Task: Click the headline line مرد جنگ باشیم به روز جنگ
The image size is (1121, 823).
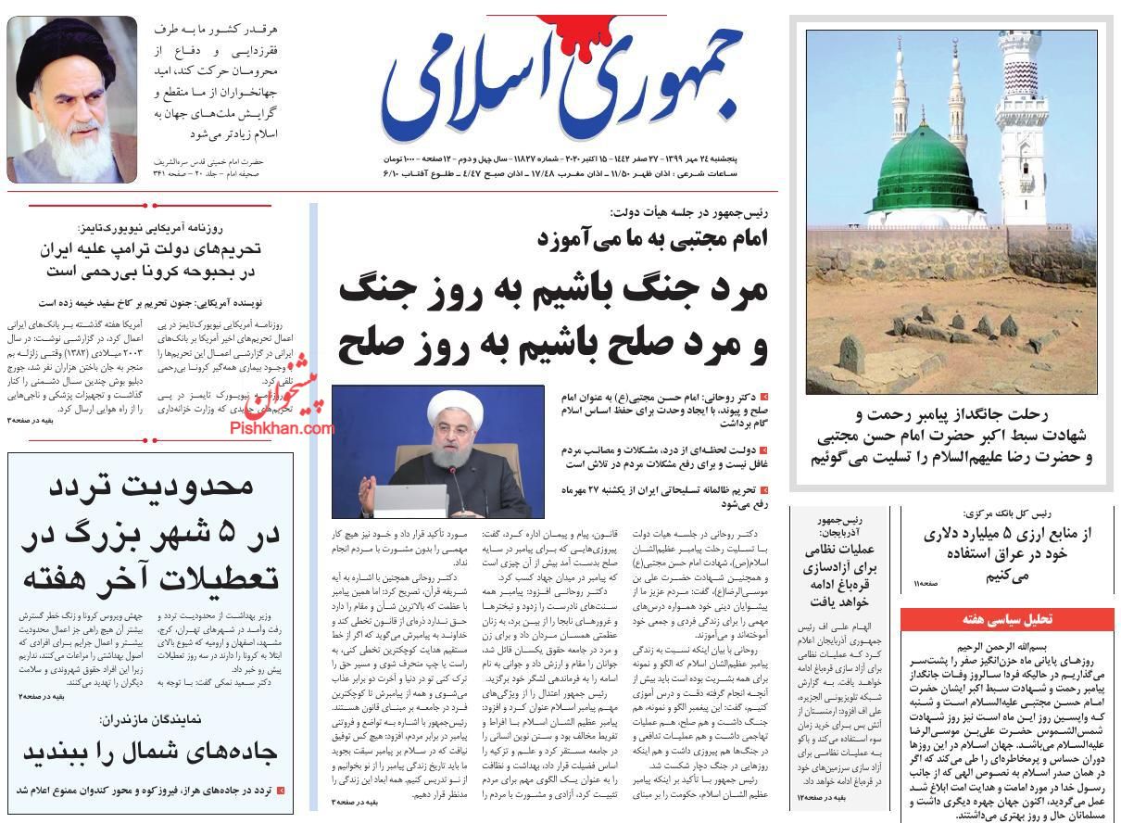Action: click(553, 289)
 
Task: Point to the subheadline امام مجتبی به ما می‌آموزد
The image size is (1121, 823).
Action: click(653, 238)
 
